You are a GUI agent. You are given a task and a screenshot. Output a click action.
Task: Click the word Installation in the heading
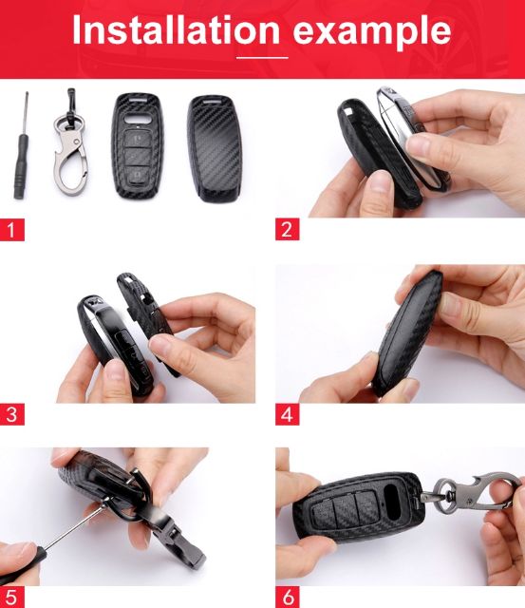pos(176,29)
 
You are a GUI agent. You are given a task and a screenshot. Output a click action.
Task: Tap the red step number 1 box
pos(12,230)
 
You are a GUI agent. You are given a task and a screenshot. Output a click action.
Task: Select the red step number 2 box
pos(287,229)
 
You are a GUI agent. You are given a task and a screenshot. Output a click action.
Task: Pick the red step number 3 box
pos(12,414)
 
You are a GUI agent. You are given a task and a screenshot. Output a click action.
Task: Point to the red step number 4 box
pos(287,414)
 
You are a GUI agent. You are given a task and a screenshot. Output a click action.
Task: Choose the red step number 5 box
pos(12,598)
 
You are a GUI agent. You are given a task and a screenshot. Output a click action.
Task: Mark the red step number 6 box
pos(287,598)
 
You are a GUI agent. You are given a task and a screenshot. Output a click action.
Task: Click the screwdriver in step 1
pos(21,146)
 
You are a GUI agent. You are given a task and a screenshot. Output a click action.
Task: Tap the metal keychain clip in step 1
pos(70,142)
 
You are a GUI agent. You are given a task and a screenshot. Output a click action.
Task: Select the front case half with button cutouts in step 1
pos(138,145)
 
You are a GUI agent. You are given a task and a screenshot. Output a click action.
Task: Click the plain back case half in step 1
pos(215,148)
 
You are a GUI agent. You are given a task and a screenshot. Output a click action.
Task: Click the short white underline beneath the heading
pos(262,58)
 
